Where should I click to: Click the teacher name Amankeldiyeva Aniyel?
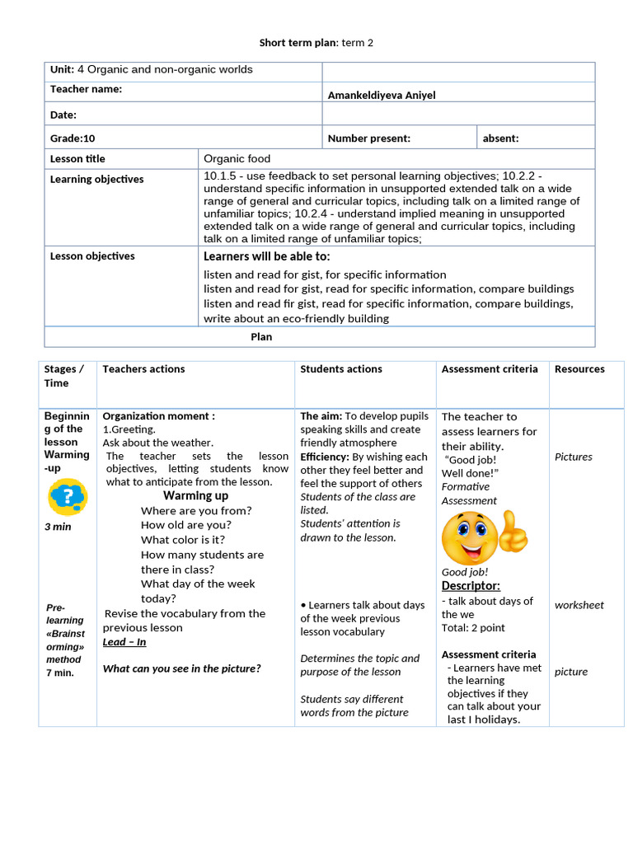pos(382,95)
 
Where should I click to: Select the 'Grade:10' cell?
pos(73,138)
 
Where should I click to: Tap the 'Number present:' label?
pos(368,138)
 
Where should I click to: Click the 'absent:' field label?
pos(500,138)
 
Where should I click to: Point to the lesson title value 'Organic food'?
pos(237,158)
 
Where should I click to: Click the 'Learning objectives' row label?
pos(96,179)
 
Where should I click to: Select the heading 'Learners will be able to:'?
pos(266,256)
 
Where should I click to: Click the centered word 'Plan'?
pos(261,336)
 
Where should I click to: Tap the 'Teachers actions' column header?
pos(143,369)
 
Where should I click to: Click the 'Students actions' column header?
pos(341,369)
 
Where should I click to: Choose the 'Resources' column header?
pos(579,369)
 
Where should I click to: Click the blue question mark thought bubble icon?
pos(68,497)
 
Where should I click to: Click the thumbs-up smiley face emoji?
pos(484,536)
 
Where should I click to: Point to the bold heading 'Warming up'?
pos(195,495)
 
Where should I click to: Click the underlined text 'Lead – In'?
pos(124,642)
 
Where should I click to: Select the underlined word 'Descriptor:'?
pos(471,585)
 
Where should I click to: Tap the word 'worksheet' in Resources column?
pos(579,605)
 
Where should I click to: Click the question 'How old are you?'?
pos(186,525)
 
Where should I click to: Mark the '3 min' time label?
pos(58,527)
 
